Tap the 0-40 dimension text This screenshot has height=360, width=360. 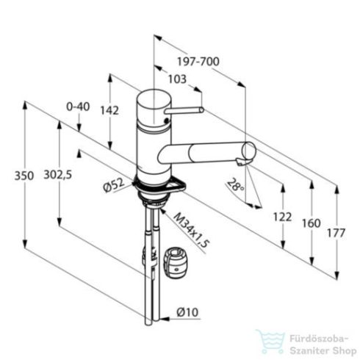[x=77, y=107]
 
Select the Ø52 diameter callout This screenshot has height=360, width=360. [x=117, y=187]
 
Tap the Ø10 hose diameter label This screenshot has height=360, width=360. [x=188, y=313]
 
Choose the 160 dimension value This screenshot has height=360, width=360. [x=313, y=223]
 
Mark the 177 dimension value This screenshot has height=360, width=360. [x=336, y=234]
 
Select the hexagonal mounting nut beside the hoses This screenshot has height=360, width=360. [x=179, y=262]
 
